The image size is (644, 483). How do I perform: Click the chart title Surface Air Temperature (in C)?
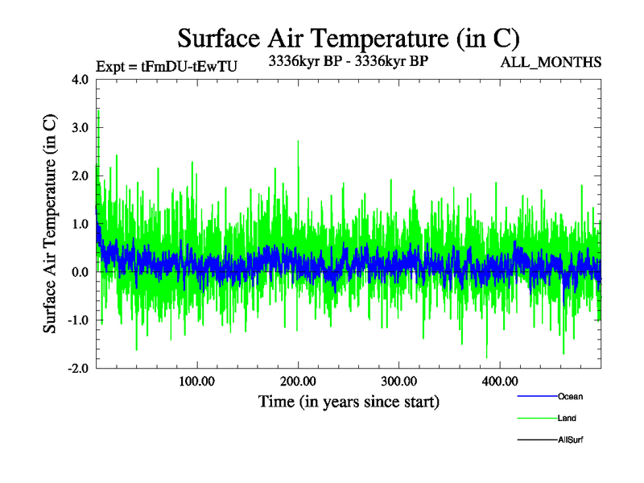[349, 38]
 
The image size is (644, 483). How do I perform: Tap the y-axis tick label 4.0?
[80, 80]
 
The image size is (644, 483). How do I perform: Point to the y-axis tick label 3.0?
[80, 127]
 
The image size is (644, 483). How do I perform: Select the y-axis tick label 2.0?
[80, 175]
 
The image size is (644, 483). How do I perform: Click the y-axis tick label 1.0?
[80, 224]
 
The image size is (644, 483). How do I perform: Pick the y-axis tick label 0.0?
[80, 272]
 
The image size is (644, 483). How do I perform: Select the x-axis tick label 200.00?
[298, 381]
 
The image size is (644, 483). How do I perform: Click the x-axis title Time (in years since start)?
[349, 401]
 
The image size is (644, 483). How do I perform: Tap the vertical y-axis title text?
[50, 224]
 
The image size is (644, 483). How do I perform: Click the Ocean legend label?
[570, 397]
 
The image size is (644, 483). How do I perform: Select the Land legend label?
[567, 419]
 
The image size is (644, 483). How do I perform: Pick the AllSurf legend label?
[571, 440]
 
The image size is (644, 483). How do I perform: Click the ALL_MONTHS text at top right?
[551, 62]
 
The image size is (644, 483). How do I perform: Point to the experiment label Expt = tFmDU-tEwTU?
[166, 67]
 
